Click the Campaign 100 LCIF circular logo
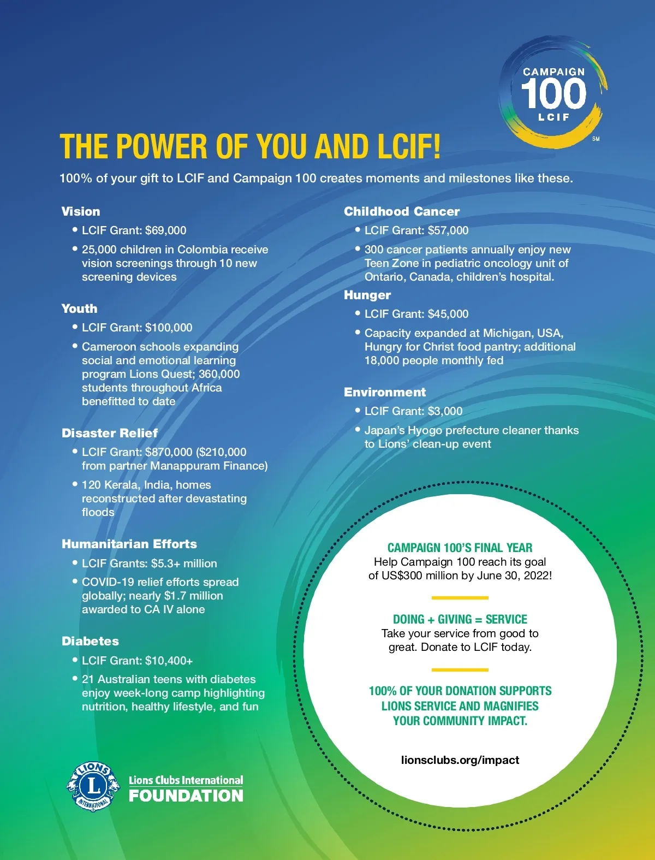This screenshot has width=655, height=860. point(553,93)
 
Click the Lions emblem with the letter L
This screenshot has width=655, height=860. point(93,786)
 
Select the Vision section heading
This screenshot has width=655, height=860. point(81,211)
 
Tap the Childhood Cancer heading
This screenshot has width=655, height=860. point(402,211)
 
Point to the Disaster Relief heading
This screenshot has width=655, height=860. point(110,433)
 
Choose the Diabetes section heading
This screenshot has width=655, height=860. point(90,641)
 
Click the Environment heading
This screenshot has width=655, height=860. point(385,392)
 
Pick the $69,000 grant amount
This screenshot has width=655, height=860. point(166,230)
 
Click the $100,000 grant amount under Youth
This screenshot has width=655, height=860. point(169,328)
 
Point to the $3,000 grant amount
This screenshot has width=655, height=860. point(445,411)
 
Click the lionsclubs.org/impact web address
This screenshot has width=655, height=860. point(460,760)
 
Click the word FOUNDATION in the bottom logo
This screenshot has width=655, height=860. point(186,796)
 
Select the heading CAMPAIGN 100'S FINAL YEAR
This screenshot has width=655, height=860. point(460,548)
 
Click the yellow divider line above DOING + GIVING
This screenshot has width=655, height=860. point(460,598)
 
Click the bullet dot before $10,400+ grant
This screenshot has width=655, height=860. point(75,660)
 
